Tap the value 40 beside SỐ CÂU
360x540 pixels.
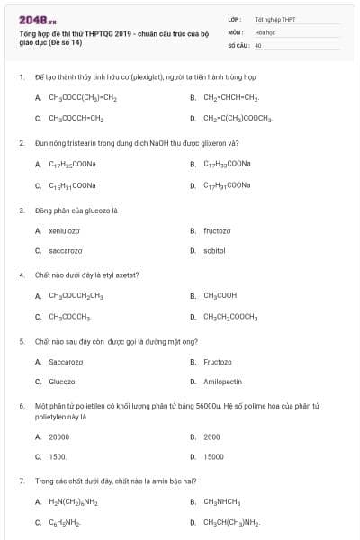[258, 44]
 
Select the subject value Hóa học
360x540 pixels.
[265, 31]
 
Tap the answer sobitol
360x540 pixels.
[214, 250]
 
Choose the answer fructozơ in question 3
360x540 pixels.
[217, 231]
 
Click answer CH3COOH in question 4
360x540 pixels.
[220, 295]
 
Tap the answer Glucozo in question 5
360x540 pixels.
[63, 382]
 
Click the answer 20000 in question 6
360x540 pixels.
[58, 436]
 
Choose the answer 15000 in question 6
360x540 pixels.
[213, 456]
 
